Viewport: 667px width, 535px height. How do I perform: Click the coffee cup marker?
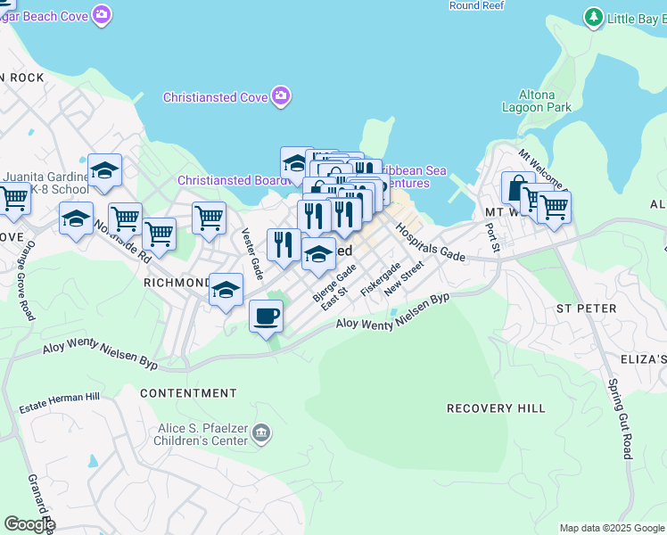[266, 316]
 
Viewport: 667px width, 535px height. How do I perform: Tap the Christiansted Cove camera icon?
[281, 96]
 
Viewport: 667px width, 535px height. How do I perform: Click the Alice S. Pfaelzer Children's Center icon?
[261, 433]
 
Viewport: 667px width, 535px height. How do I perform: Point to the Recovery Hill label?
[496, 408]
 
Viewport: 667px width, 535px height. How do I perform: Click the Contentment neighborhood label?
[188, 393]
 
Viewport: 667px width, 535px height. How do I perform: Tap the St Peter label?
[586, 309]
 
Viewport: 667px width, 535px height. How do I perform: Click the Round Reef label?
[478, 5]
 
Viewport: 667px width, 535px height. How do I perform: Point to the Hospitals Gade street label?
[431, 242]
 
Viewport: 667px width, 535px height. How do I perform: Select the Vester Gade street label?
[252, 252]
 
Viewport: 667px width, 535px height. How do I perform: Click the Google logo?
[29, 524]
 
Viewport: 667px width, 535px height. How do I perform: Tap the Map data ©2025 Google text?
[611, 528]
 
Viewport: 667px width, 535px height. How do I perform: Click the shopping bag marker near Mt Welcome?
[518, 187]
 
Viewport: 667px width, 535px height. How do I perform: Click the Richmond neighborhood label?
[176, 283]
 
